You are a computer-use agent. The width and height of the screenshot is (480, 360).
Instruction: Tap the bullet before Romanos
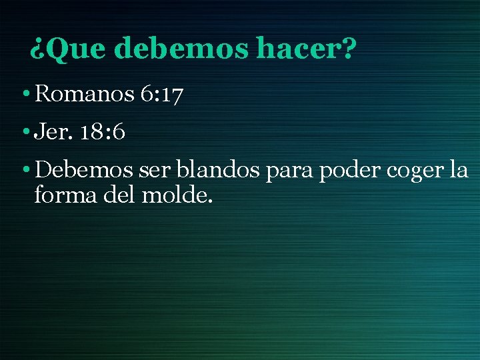tap(24, 95)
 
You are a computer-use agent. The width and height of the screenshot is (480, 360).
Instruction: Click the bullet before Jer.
tap(24, 133)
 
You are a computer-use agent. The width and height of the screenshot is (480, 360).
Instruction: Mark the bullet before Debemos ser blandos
tap(24, 171)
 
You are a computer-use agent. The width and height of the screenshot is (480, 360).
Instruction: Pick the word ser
tap(154, 171)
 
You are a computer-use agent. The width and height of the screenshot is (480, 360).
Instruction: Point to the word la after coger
tap(459, 170)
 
